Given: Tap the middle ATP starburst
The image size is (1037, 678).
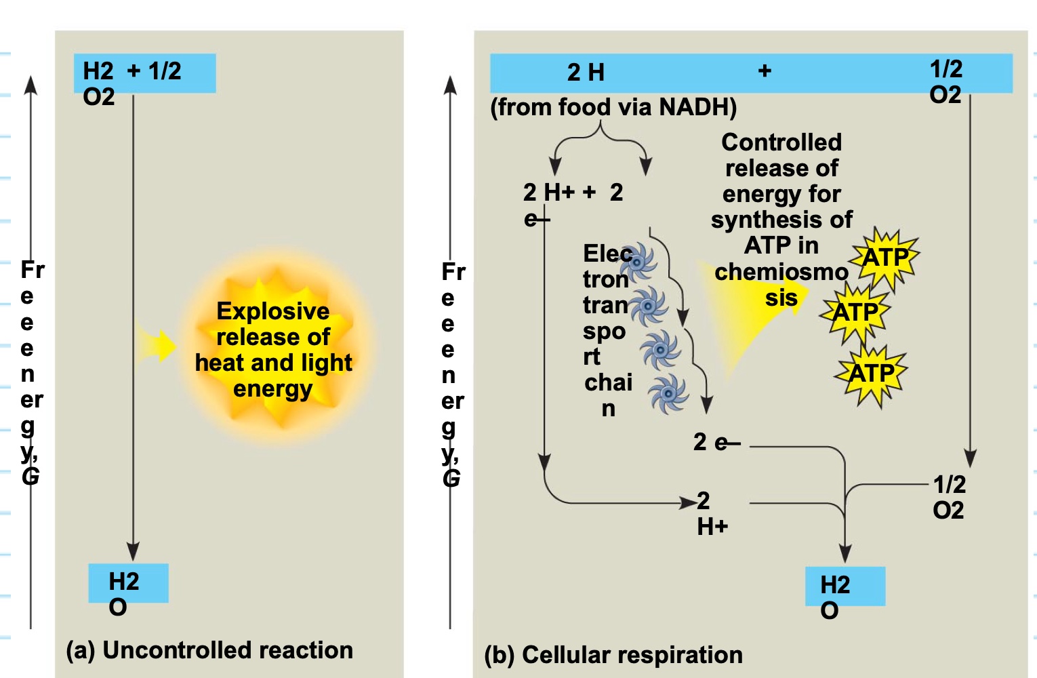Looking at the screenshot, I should [x=855, y=313].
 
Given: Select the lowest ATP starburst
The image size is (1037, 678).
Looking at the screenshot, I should [x=872, y=374].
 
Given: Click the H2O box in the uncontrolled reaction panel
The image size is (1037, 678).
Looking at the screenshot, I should [x=128, y=584].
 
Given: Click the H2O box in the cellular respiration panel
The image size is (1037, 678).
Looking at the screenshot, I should [x=845, y=586].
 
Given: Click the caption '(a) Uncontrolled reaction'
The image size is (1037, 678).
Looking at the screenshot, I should [x=209, y=650].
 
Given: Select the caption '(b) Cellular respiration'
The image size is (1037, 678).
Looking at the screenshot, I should [x=613, y=655].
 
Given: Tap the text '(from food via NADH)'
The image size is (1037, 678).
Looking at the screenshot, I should [x=613, y=107].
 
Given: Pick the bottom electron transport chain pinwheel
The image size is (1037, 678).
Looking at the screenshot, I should [x=668, y=393].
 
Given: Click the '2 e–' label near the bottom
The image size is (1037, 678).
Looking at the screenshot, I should [x=716, y=443].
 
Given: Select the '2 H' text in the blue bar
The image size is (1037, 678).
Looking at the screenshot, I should [x=586, y=73].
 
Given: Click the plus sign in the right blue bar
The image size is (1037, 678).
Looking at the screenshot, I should [x=765, y=71].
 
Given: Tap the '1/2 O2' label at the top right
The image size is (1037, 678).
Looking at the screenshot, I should [x=945, y=81].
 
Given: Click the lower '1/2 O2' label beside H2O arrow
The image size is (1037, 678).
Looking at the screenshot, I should [x=949, y=497].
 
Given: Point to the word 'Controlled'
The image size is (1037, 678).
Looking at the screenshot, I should [x=781, y=142].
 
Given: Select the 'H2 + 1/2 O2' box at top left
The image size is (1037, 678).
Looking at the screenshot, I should [x=144, y=73].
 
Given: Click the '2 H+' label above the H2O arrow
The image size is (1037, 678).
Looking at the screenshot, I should [x=712, y=513].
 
